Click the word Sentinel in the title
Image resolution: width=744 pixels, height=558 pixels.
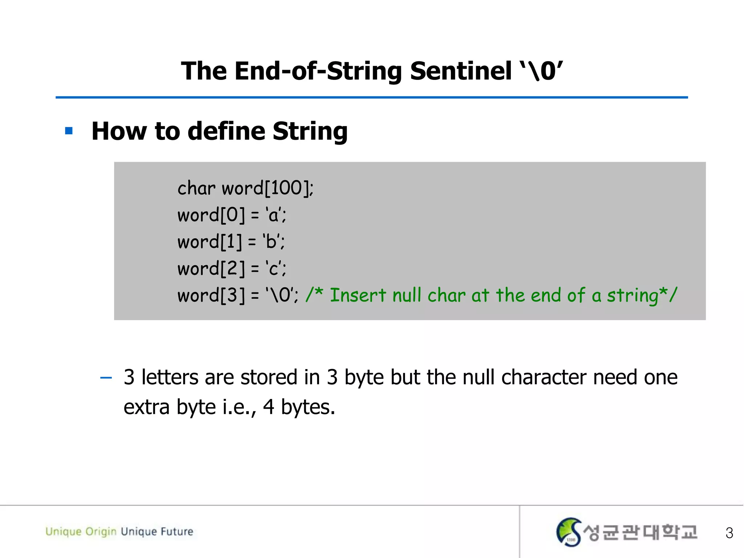pyautogui.click(x=461, y=71)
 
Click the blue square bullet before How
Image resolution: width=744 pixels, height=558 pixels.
pyautogui.click(x=69, y=131)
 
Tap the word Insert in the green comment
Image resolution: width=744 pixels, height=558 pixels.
pyautogui.click(x=357, y=295)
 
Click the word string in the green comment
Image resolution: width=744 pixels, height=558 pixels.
pyautogui.click(x=632, y=295)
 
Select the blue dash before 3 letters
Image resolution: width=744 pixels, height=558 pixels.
pyautogui.click(x=106, y=378)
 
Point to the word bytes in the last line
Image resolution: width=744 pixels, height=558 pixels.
pyautogui.click(x=307, y=407)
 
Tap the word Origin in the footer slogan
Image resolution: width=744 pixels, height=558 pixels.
pyautogui.click(x=101, y=531)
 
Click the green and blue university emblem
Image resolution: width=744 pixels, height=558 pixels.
pyautogui.click(x=569, y=532)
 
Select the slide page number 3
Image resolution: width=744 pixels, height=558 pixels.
pyautogui.click(x=729, y=533)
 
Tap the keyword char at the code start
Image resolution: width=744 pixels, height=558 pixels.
pyautogui.click(x=196, y=188)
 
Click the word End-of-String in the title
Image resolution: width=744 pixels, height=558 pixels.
pyautogui.click(x=318, y=71)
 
